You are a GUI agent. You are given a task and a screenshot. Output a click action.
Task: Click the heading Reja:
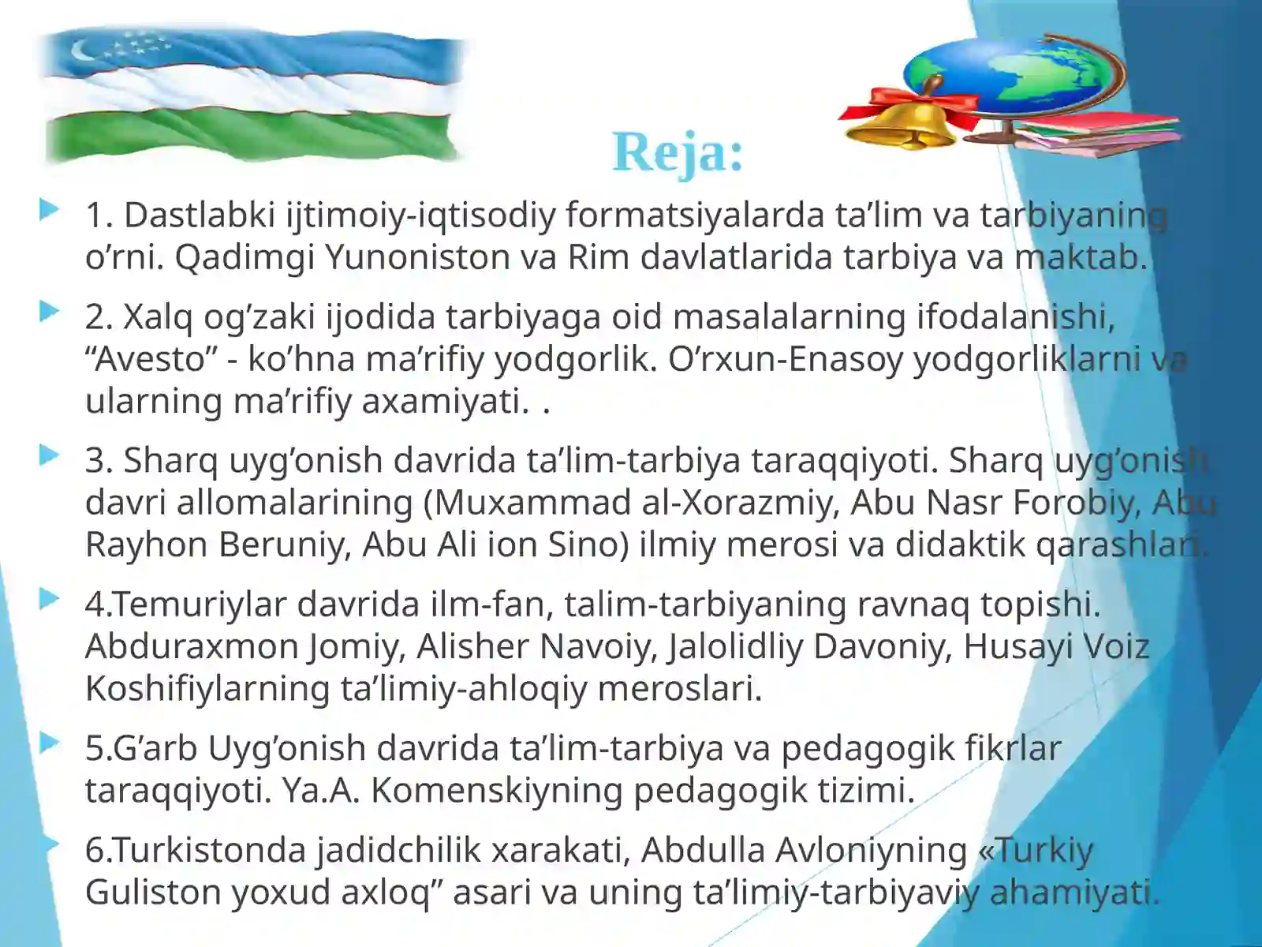[678, 152]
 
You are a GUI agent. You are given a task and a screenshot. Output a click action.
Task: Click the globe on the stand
[1017, 75]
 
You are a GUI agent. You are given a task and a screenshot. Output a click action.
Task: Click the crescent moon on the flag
[83, 53]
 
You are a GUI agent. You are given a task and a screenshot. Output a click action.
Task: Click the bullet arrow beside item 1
[49, 210]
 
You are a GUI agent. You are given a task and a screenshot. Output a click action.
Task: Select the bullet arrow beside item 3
[49, 455]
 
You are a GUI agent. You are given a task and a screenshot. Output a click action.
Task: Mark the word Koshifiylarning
[207, 688]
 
